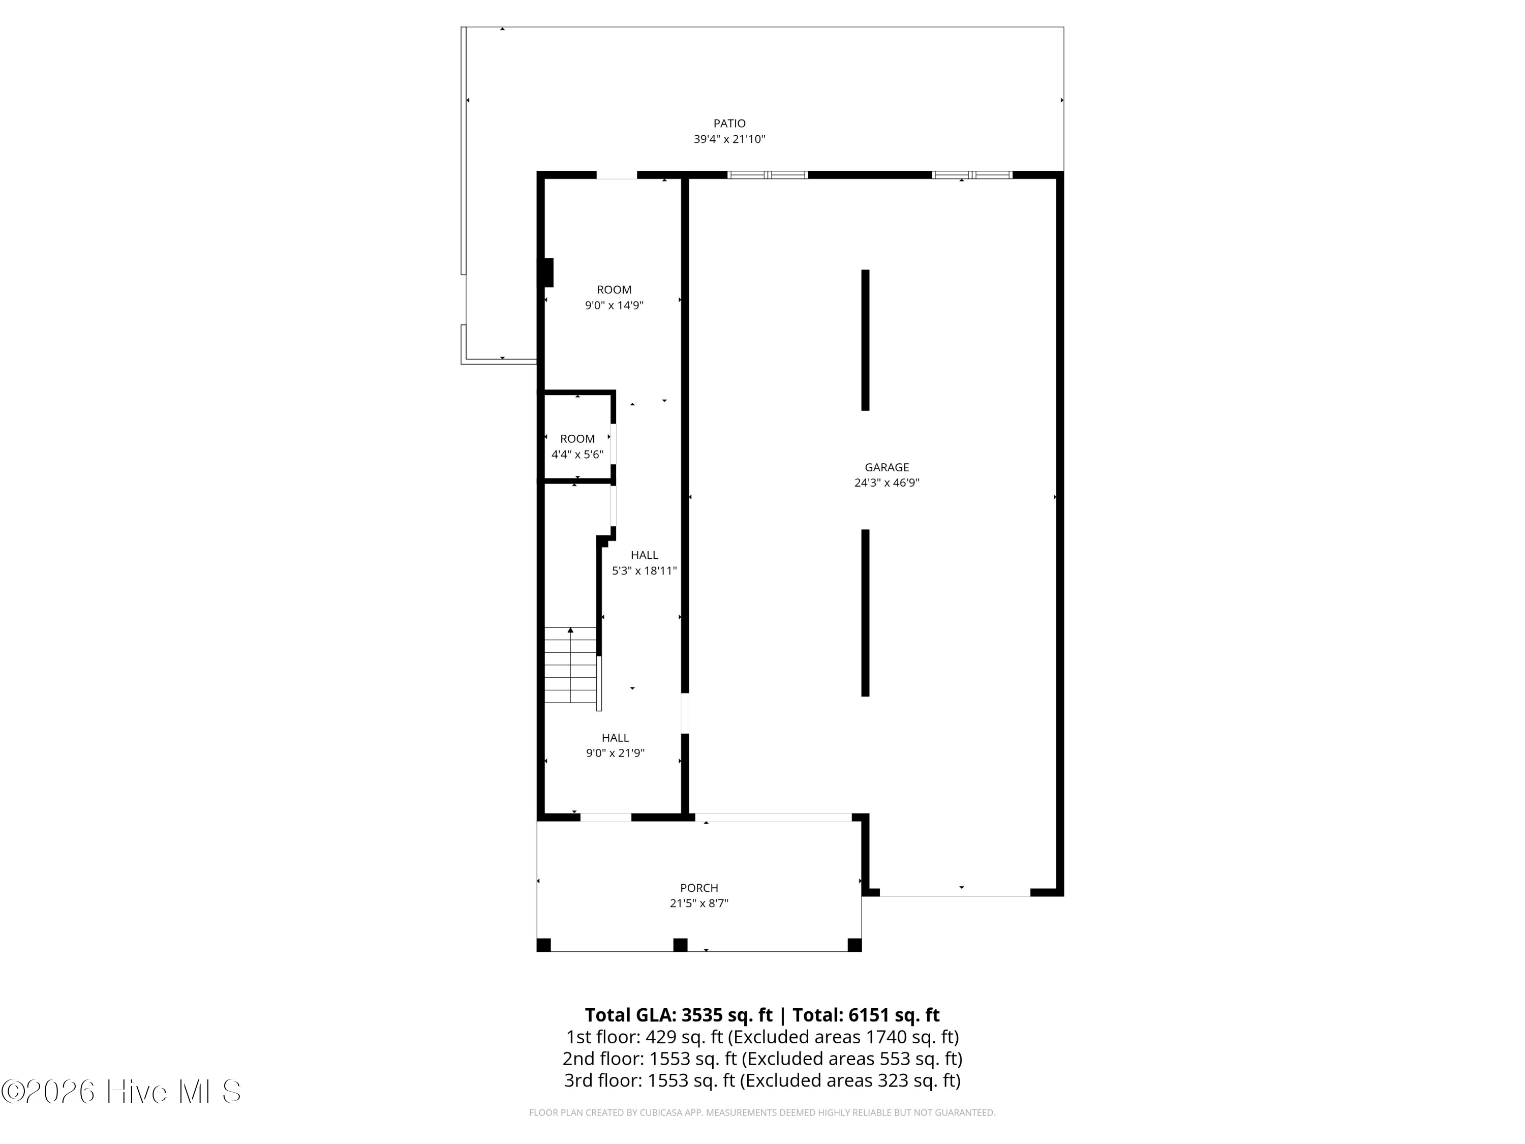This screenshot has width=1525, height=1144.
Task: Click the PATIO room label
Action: pyautogui.click(x=729, y=124)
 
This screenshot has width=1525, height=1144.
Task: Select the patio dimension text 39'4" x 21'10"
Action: pyautogui.click(x=729, y=139)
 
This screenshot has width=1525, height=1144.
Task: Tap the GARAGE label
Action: pyautogui.click(x=887, y=468)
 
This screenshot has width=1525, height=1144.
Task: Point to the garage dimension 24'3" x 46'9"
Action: pyautogui.click(x=887, y=483)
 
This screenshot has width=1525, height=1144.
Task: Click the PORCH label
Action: pyautogui.click(x=698, y=888)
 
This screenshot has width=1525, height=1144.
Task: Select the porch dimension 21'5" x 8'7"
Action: pyautogui.click(x=698, y=904)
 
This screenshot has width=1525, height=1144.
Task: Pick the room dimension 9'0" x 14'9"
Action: pyautogui.click(x=614, y=306)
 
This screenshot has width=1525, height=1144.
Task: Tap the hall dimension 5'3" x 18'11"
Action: pyautogui.click(x=644, y=571)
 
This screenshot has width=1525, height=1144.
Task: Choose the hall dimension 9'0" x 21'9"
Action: pyautogui.click(x=615, y=753)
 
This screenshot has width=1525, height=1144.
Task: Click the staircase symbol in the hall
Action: pyautogui.click(x=570, y=666)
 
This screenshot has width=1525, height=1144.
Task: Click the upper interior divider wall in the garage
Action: pyautogui.click(x=865, y=340)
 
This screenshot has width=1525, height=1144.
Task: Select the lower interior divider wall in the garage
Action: pyautogui.click(x=865, y=613)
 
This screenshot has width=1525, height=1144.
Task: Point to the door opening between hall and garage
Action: pyautogui.click(x=685, y=713)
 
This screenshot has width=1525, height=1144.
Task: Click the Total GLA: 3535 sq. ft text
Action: pyautogui.click(x=679, y=1015)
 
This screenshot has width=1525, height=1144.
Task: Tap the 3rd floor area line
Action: pyautogui.click(x=762, y=1080)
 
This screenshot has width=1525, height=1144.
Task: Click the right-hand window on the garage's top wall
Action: pyautogui.click(x=972, y=175)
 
